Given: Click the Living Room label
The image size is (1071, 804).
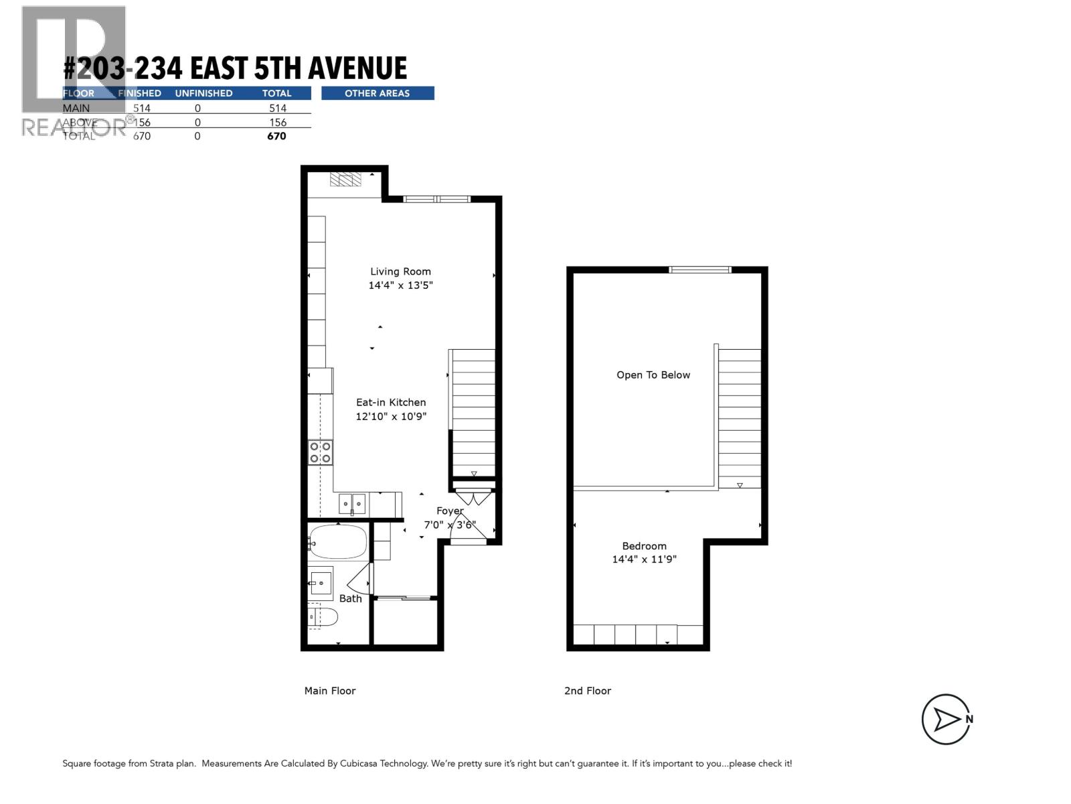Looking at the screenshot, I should [400, 271].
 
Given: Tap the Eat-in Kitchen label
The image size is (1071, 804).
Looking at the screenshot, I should [391, 402].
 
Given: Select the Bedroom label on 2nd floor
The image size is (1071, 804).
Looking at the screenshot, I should [644, 546].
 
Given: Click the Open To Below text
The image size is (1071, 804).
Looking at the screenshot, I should [653, 375].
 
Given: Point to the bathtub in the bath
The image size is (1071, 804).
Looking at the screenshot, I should [339, 542].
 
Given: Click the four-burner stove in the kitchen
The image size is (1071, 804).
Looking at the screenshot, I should [320, 452].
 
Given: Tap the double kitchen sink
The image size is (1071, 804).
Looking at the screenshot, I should [352, 503].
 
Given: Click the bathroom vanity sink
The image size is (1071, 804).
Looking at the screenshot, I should [321, 584].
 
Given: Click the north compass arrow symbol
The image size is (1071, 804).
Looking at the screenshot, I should [946, 720].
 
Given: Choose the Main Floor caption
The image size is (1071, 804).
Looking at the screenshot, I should [330, 691].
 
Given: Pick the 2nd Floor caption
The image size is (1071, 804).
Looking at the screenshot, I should [588, 691].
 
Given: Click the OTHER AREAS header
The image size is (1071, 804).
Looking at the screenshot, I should [378, 93].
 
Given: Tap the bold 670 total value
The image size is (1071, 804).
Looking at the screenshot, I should [276, 136].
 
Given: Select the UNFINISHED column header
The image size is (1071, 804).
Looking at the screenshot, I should [203, 93].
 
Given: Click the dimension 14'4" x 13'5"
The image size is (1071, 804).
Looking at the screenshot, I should [401, 285].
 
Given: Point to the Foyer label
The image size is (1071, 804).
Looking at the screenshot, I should [450, 511].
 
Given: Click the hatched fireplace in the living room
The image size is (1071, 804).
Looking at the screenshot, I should [345, 179].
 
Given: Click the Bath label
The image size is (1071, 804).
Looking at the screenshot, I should [350, 598].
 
